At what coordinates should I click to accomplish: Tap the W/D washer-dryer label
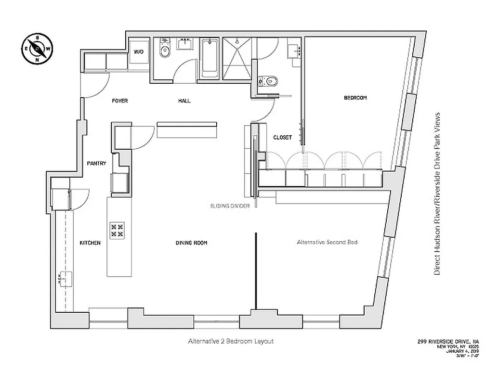point(139,51)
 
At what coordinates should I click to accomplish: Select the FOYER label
point(120,101)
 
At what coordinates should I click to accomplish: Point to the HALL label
point(184,101)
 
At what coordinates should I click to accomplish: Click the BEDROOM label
point(355,98)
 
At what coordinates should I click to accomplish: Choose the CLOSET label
point(282,137)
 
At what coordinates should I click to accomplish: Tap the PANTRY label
point(96,164)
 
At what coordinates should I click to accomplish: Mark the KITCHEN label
point(90,243)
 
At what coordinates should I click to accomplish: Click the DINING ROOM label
point(191,243)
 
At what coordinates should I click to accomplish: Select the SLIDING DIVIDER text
point(229,205)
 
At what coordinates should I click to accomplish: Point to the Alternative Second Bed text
point(327,243)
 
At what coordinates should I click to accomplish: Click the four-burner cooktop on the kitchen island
point(117,229)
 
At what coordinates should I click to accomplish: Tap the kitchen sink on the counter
point(66,279)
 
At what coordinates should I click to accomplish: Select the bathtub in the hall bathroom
point(210,60)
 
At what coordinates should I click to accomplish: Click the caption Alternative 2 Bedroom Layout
point(231,341)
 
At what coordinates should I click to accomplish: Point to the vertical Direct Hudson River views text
point(437,193)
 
